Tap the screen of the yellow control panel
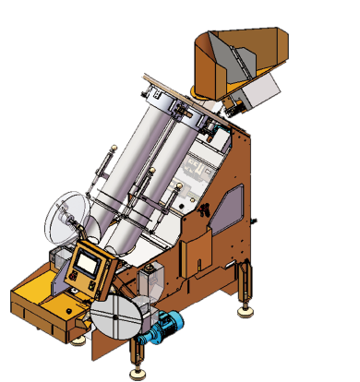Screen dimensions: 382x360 point(89,263)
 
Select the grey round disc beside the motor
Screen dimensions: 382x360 point(117,319)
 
